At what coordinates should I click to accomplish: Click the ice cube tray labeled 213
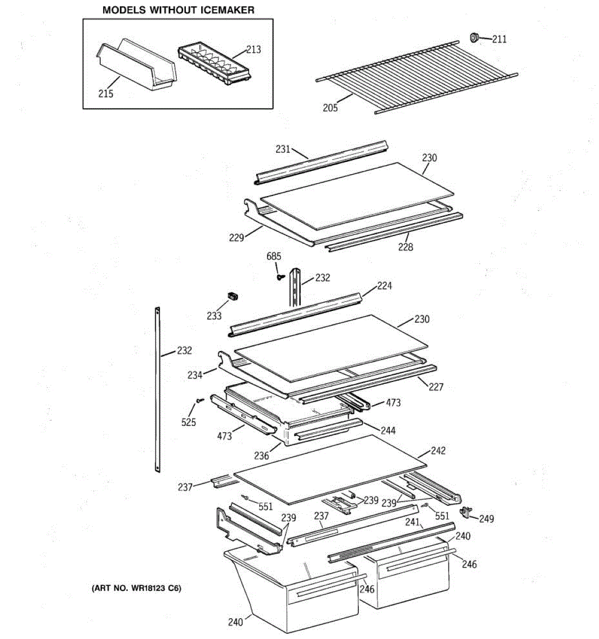click(215, 64)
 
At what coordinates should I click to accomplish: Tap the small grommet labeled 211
click(474, 37)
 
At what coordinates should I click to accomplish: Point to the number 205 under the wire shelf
click(330, 108)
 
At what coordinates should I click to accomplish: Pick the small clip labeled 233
click(233, 296)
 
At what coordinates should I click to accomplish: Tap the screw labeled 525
click(200, 400)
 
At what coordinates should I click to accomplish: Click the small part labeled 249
click(465, 511)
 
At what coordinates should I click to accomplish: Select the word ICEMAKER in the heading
click(227, 10)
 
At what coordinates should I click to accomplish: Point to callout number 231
click(283, 149)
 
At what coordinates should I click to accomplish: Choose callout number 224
click(384, 286)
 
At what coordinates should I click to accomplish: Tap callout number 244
click(388, 430)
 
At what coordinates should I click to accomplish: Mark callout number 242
click(438, 450)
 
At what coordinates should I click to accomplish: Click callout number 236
click(261, 455)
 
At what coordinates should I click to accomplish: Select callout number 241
click(412, 522)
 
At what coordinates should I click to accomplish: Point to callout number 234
click(195, 375)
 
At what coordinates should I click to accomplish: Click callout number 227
click(436, 387)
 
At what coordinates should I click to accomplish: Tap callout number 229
click(236, 237)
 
